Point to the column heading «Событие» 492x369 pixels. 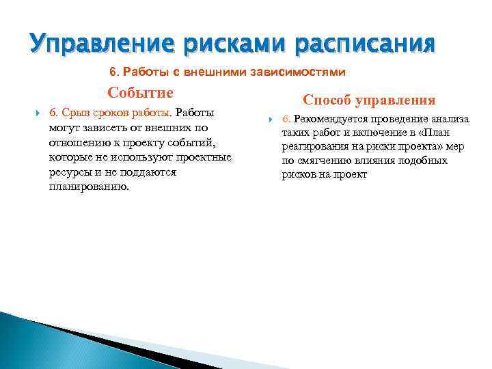(140, 93)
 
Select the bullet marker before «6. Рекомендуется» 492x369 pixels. (270, 120)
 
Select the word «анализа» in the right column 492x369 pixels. (448, 120)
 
